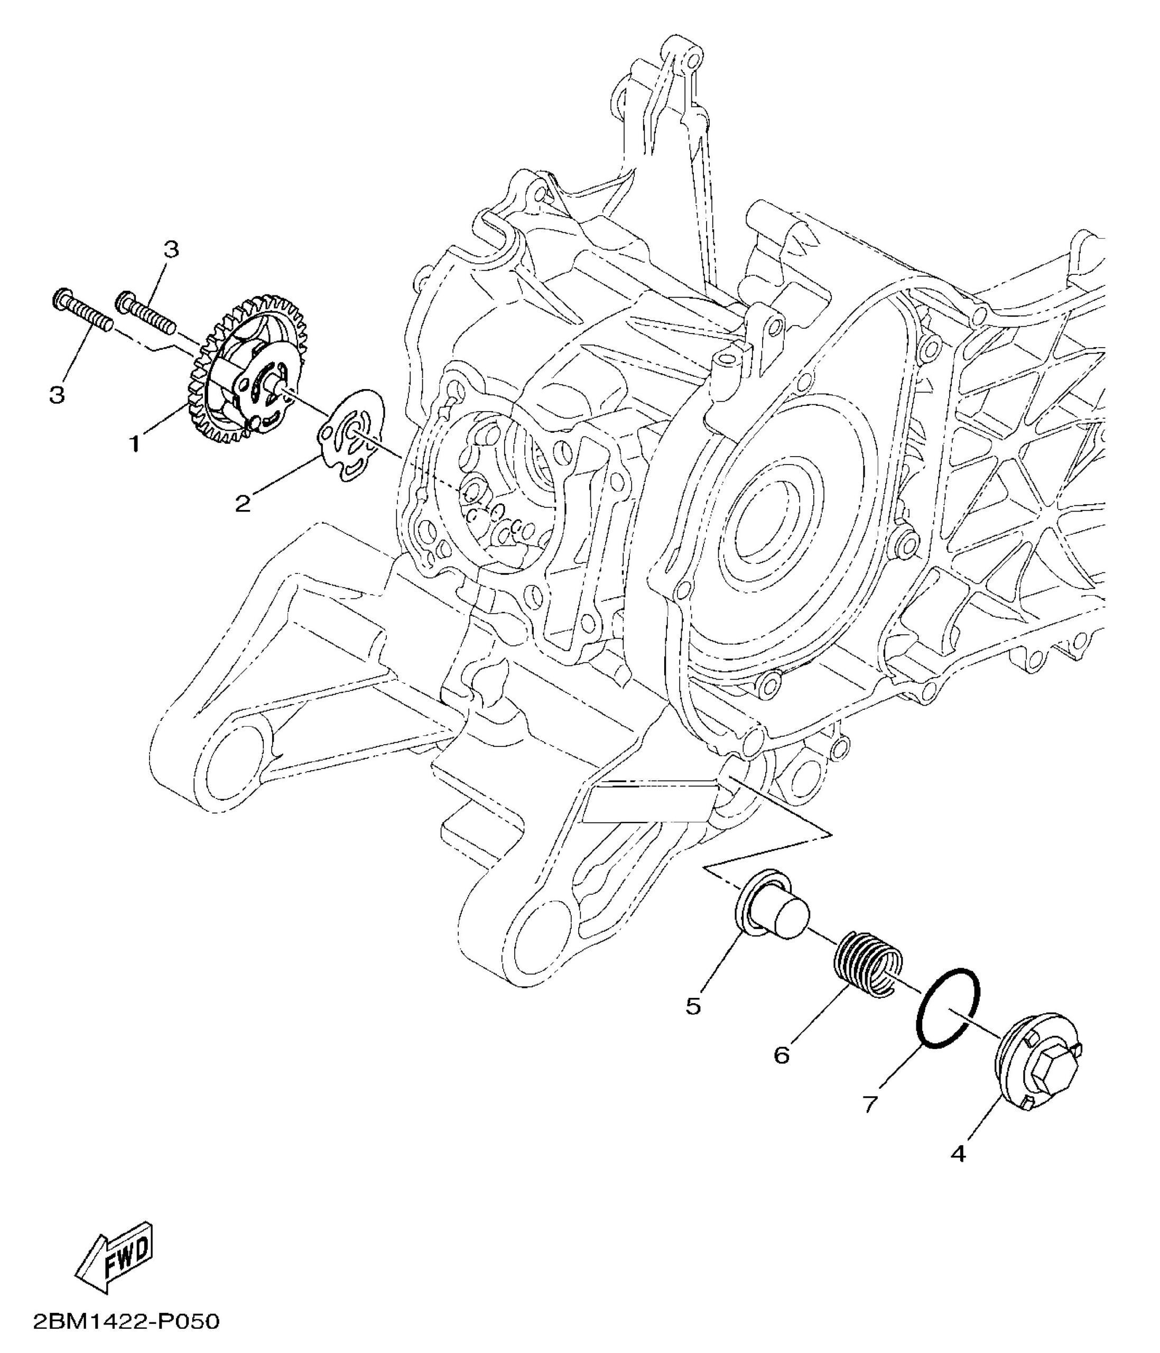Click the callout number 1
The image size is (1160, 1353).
tap(134, 444)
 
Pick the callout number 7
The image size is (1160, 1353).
tap(870, 1104)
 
